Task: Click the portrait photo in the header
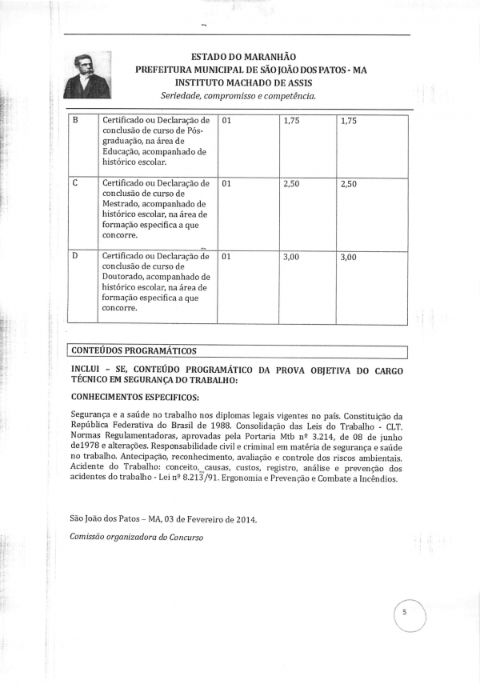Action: [88, 75]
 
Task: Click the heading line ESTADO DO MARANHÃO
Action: [244, 57]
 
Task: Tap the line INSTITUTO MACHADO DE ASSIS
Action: [243, 82]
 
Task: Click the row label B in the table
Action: [75, 120]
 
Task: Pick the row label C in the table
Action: [75, 183]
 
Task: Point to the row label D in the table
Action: [75, 257]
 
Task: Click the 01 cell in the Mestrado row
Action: [226, 183]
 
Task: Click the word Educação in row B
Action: [126, 151]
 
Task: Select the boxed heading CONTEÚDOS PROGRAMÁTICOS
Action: [134, 350]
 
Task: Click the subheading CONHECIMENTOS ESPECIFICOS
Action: [135, 396]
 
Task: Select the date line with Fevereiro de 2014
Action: [162, 519]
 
